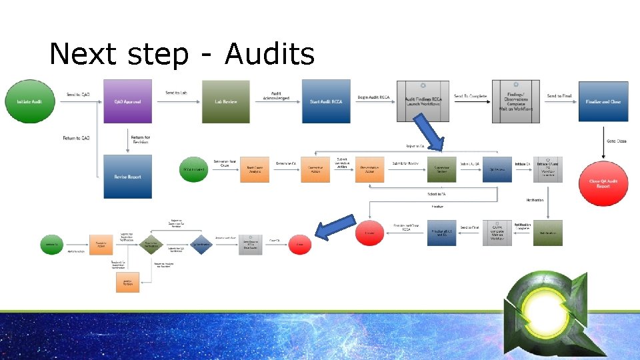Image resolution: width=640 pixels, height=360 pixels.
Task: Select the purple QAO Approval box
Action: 127,101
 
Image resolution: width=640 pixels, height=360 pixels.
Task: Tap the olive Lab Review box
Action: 226,101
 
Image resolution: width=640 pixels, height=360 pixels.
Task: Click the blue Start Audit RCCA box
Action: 326,101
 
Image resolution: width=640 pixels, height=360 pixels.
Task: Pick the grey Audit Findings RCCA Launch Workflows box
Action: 423,101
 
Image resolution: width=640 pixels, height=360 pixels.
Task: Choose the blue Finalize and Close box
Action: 603,101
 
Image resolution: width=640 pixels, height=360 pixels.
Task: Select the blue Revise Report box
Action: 127,177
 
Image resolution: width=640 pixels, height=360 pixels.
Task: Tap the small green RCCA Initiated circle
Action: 195,169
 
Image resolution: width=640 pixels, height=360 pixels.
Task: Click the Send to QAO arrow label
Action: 78,95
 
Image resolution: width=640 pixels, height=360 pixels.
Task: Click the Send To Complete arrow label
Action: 470,97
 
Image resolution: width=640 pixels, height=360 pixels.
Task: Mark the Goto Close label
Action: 616,141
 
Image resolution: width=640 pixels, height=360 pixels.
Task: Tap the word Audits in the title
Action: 270,54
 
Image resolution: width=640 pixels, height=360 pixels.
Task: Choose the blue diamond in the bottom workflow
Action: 200,245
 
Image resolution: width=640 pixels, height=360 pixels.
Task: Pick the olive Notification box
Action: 547,233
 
